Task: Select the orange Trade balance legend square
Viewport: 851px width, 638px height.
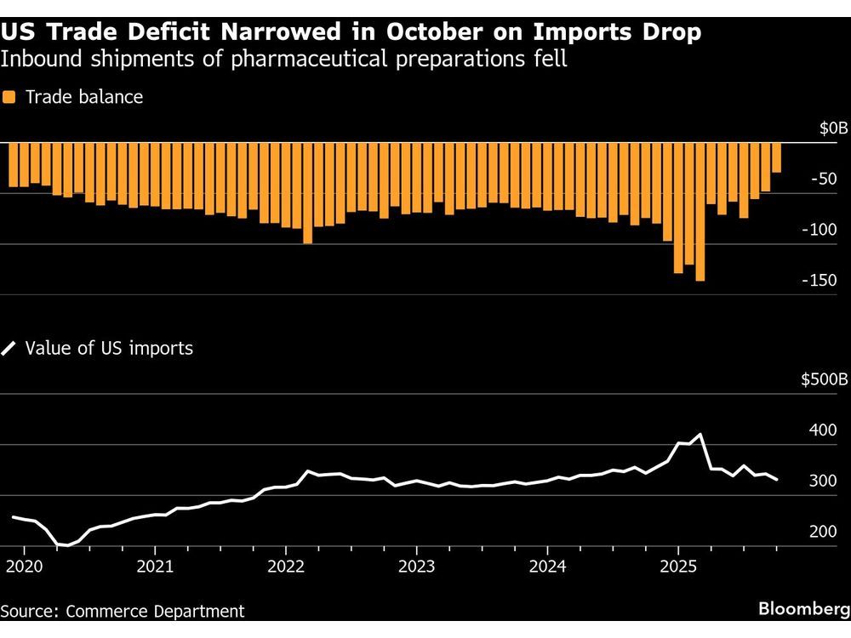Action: tap(9, 97)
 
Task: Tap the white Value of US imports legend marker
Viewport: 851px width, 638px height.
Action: tap(9, 348)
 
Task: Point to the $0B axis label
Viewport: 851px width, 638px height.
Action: tap(833, 128)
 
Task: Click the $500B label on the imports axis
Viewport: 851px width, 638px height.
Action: tap(825, 380)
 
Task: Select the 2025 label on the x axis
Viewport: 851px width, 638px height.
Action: tap(678, 566)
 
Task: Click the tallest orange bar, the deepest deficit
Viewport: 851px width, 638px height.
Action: tap(700, 213)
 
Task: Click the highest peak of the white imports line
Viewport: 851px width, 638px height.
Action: tap(700, 435)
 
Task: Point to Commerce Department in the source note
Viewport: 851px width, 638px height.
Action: tap(154, 611)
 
